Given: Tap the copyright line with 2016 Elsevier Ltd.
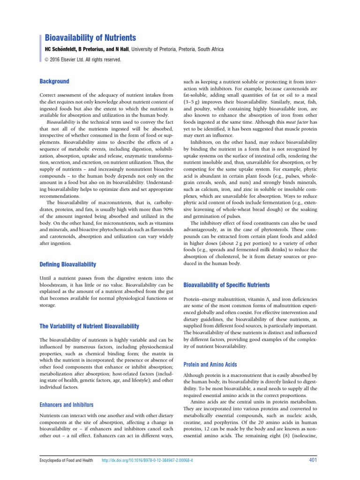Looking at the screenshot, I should pos(83,60).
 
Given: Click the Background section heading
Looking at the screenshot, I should pos(54,81).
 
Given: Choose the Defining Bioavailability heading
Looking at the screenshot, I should pos(67,265).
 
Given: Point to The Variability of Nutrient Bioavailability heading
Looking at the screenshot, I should pos(89,326).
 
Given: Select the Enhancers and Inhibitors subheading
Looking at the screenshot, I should pos(66,404).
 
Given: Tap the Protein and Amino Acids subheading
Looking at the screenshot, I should pos(210,364).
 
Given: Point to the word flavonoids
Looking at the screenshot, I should pos(154,230).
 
